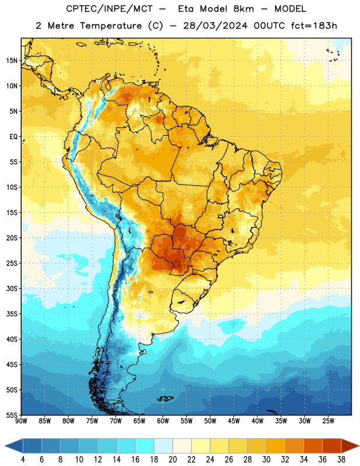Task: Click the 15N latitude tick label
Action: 12,61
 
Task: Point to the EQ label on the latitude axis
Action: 13,137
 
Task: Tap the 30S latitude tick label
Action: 12,288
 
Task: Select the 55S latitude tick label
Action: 12,415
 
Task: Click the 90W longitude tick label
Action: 21,421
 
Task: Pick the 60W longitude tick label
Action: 163,421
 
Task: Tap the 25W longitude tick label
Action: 328,421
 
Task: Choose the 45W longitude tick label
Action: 234,421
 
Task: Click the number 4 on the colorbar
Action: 23,460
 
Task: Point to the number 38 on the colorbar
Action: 341,460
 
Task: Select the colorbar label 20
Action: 172,460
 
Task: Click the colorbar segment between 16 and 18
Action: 144,446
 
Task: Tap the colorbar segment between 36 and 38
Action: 332,446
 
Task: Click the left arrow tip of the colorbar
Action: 5,446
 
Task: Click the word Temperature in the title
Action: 111,26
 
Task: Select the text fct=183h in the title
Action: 314,26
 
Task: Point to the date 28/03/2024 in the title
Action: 215,26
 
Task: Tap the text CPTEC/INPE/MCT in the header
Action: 110,9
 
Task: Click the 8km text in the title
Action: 243,9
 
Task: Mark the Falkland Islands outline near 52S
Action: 165,398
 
